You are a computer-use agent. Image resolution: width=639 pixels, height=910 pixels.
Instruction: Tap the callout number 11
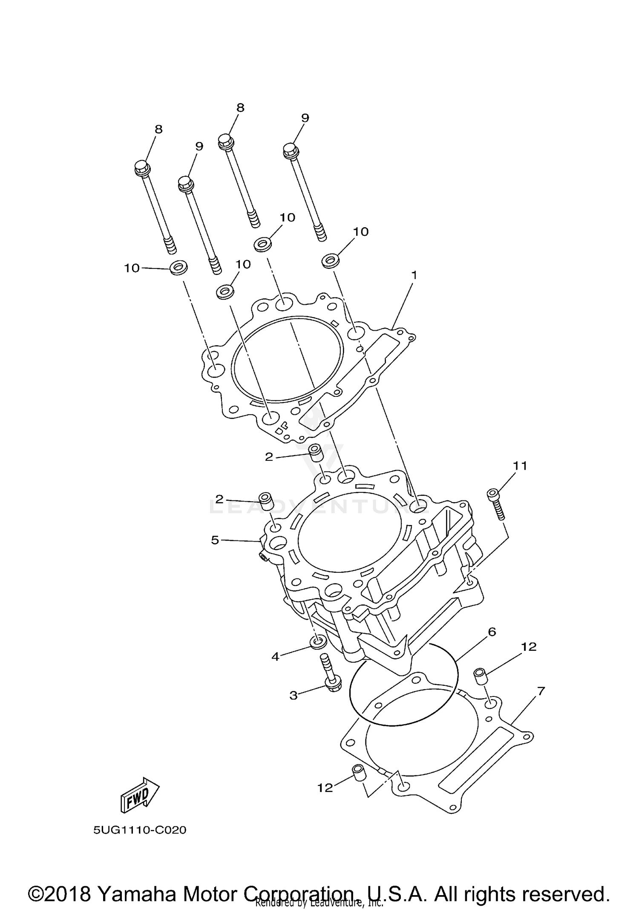520,466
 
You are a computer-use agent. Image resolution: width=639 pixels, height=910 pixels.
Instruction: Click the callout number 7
541,691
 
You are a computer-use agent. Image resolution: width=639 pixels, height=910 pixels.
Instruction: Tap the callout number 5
215,540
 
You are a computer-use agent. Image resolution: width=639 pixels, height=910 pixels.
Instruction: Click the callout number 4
275,657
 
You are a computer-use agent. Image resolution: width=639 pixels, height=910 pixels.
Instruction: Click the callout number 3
293,695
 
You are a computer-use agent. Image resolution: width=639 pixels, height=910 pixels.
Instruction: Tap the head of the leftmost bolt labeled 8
142,168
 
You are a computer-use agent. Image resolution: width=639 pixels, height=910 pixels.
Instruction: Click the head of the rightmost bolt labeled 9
291,150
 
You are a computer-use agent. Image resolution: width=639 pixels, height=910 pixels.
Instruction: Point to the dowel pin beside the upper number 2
315,452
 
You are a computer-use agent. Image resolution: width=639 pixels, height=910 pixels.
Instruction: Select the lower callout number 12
325,788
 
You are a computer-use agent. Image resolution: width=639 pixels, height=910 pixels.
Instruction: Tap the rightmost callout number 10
360,231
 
